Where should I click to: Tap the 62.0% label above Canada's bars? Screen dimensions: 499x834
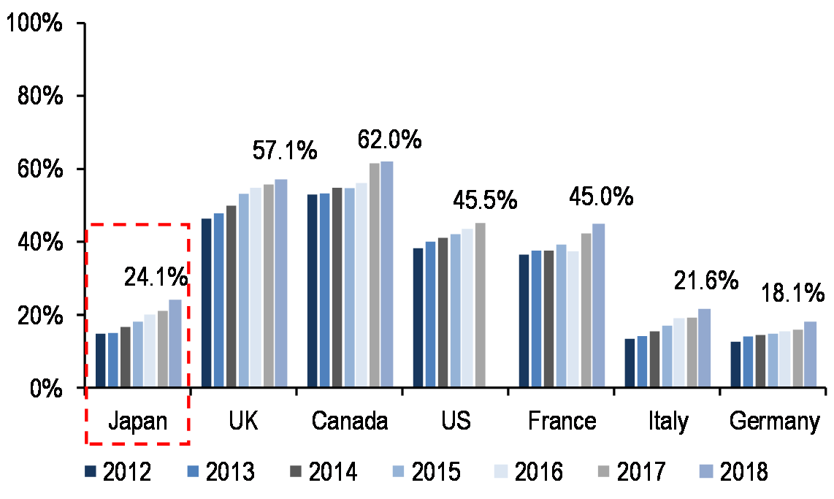(x=389, y=140)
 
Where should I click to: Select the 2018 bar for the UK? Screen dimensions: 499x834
(x=280, y=283)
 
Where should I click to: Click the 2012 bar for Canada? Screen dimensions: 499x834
(x=313, y=291)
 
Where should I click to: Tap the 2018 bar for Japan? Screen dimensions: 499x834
(x=175, y=343)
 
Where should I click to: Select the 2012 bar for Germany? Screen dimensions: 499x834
(x=735, y=364)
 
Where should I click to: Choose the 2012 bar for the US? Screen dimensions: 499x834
(x=418, y=318)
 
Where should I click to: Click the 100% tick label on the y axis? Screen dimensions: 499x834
(x=34, y=23)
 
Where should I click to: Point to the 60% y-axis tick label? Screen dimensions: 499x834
(x=40, y=169)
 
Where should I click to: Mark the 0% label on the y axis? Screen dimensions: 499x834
(x=47, y=388)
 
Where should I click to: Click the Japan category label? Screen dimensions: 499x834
(x=138, y=422)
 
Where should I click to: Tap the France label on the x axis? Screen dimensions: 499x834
(x=562, y=422)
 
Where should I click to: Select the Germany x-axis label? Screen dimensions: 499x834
(x=774, y=422)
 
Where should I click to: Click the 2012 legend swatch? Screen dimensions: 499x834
(x=91, y=472)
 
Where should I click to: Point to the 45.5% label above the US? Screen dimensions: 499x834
(x=485, y=199)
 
